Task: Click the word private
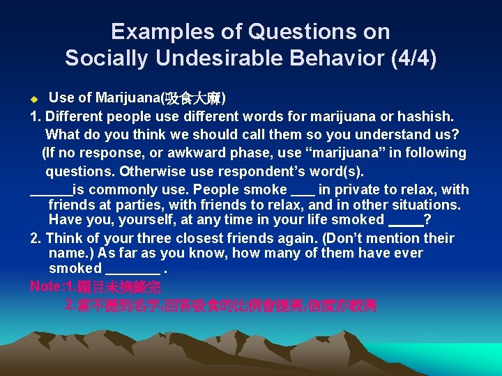click(368, 189)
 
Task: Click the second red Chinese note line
click(220, 305)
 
